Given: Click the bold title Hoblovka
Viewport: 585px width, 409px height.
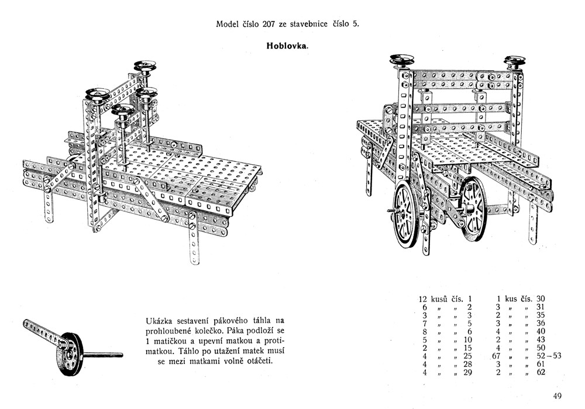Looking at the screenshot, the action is [287, 46].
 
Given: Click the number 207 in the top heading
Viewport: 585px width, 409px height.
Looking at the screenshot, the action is [269, 24].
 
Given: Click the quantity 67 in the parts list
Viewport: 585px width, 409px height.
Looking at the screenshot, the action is [496, 356].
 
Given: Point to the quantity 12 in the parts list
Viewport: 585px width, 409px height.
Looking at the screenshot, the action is [423, 299].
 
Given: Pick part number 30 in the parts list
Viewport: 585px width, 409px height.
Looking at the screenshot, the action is [541, 299].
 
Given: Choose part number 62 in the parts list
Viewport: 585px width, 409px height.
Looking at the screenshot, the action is [541, 372].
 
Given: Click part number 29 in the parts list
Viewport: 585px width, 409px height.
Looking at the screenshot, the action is [467, 372].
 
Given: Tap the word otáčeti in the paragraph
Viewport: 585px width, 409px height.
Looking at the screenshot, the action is [260, 361].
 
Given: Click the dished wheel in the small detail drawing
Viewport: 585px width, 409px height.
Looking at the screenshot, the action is [70, 354].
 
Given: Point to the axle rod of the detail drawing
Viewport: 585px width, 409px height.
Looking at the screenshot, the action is [103, 355].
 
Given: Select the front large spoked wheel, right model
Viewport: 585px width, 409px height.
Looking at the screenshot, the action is [407, 214].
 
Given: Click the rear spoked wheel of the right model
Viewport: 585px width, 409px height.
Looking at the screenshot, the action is [473, 208].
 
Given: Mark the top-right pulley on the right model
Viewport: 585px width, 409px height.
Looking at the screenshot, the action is [515, 61].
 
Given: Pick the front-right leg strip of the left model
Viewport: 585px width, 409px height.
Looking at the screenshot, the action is [194, 238].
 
